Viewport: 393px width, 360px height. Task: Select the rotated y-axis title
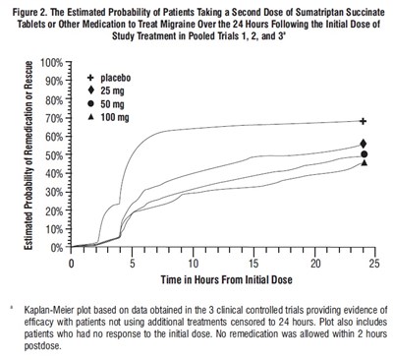click(32, 158)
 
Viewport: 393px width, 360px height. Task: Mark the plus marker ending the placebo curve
click(364, 122)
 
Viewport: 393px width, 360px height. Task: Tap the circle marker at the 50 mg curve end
click(364, 153)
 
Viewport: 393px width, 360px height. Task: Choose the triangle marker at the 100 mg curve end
click(364, 162)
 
